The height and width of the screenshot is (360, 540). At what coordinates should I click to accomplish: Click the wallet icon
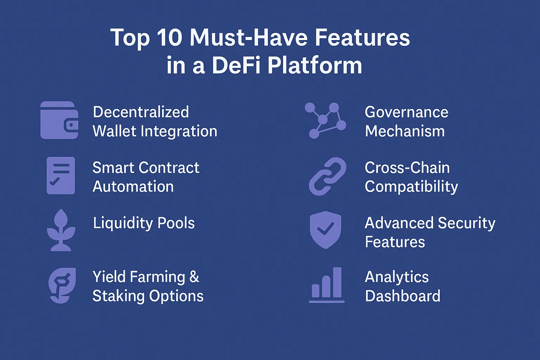59,120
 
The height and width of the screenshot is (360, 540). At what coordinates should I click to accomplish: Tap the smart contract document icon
61,175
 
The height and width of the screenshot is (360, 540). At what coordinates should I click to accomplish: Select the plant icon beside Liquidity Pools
61,230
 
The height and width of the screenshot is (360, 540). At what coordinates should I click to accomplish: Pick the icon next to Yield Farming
62,285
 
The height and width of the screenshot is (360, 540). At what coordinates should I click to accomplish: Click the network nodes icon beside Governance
326,120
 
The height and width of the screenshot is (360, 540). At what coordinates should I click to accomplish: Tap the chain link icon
327,176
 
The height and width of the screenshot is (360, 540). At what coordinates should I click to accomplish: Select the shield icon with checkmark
326,230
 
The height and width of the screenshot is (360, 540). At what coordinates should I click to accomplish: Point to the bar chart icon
327,285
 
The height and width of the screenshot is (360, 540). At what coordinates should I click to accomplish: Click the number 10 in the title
169,38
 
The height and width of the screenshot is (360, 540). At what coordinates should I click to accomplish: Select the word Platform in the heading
315,66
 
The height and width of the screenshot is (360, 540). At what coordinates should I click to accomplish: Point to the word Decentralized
141,112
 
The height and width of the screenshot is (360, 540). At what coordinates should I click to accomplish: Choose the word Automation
133,187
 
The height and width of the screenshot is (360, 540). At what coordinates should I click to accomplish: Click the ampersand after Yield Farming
194,277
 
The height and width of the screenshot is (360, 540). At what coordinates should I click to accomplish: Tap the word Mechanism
405,131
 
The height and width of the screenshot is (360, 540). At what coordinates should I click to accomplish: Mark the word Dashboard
403,296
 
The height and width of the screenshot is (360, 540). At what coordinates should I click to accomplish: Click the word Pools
176,223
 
